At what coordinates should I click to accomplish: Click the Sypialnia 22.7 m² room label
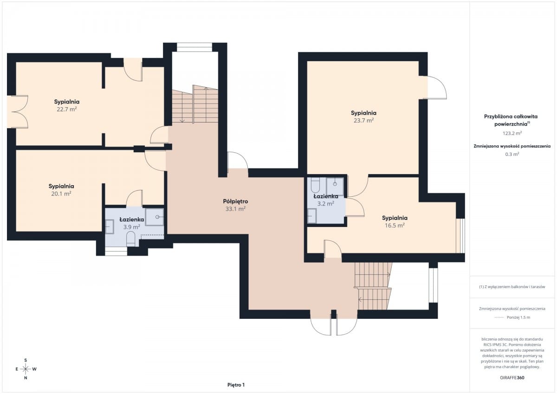pos(67,105)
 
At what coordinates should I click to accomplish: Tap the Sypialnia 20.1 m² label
pos(61,190)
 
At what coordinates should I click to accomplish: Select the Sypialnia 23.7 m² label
pos(363,116)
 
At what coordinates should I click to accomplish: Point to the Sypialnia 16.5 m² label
pos(395,222)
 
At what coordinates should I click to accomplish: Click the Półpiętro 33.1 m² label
pos(235,205)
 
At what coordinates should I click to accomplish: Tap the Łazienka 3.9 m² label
pos(131,223)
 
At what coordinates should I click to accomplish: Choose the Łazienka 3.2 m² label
pos(325,200)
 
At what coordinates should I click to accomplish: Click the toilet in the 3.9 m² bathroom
pos(130,239)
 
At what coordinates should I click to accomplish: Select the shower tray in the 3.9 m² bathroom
pos(155,217)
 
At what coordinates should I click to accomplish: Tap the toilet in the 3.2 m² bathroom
pos(315,186)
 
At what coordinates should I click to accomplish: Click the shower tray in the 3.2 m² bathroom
pos(335,186)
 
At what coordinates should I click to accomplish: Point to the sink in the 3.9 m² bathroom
pos(110,227)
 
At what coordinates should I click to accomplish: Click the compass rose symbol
pos(26,369)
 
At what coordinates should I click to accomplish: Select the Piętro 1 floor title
pos(236,385)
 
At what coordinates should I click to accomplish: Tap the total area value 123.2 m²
pos(512,133)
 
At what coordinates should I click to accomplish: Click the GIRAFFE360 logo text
pos(512,378)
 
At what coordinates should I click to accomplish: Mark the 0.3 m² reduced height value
pos(512,154)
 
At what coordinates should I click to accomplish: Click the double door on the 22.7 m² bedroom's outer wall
pos(18,112)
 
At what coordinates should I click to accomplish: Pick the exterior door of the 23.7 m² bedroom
pos(434,88)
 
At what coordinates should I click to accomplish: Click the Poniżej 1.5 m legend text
pos(518,317)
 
